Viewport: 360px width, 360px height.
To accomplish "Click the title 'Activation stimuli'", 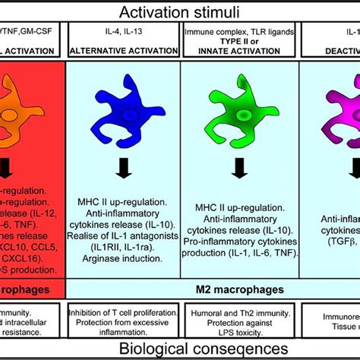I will (x=179, y=11).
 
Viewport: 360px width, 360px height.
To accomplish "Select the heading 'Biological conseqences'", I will (x=179, y=349).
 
